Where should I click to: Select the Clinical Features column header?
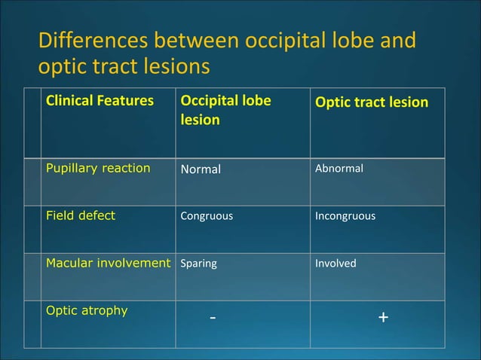[100, 100]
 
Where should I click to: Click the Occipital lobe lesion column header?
[225, 110]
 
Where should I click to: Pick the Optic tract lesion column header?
[371, 101]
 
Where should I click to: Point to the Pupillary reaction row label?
[98, 168]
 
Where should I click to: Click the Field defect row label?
[81, 215]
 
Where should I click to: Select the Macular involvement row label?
[108, 263]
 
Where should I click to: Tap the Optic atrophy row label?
[87, 310]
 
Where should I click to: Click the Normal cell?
[201, 169]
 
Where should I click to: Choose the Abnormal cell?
[339, 168]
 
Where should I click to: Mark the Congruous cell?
[207, 216]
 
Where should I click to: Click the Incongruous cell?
[345, 216]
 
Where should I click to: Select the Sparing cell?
[198, 264]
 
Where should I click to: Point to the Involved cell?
[335, 264]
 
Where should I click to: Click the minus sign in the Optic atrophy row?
[213, 318]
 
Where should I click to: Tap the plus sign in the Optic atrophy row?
[384, 318]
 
